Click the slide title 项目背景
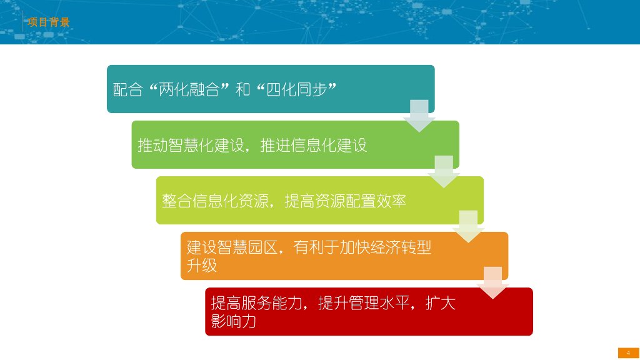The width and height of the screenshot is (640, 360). point(48,22)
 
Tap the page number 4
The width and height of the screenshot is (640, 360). point(628,353)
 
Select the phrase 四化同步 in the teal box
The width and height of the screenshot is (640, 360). point(297,89)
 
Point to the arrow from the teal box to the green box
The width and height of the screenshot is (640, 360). point(419,115)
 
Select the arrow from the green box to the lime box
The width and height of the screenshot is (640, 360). point(444,171)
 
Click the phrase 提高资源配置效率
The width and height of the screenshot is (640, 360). point(346,201)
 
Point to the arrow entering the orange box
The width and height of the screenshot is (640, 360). point(468,226)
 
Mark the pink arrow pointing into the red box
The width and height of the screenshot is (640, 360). point(492,282)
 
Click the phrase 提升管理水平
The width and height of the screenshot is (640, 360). point(364,304)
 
